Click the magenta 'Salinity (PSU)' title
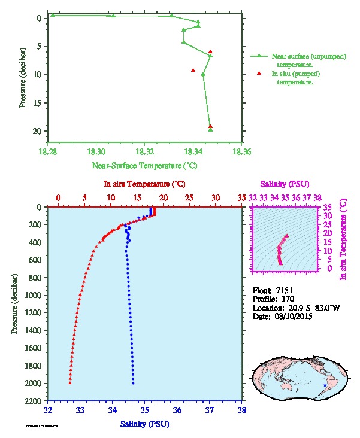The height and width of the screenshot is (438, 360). tap(285, 184)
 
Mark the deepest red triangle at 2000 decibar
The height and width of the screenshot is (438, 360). tap(70, 382)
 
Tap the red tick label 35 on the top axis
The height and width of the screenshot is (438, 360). tap(242, 197)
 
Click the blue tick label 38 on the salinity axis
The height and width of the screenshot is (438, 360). tap(242, 411)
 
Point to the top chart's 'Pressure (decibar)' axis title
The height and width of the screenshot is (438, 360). tap(22, 75)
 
